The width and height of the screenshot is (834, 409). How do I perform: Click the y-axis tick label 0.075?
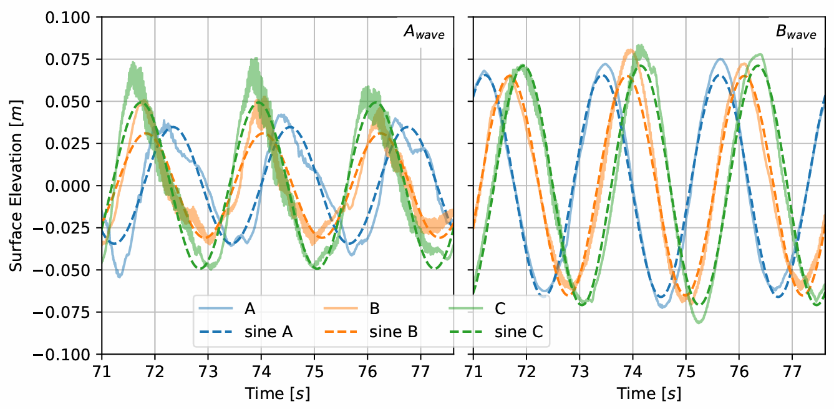point(69,59)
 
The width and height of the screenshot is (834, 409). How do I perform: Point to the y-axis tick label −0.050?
point(66,270)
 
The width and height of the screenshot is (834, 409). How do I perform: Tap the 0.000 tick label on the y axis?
point(69,186)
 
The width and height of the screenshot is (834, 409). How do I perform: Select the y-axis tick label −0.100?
point(66,355)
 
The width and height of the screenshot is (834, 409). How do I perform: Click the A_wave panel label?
point(424,34)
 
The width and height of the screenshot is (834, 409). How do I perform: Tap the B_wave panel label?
point(795,34)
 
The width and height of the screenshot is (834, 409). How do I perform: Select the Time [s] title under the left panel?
point(278,394)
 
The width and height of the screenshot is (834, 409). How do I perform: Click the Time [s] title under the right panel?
point(649,394)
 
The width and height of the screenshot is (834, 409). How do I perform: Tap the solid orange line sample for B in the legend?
point(341,309)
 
